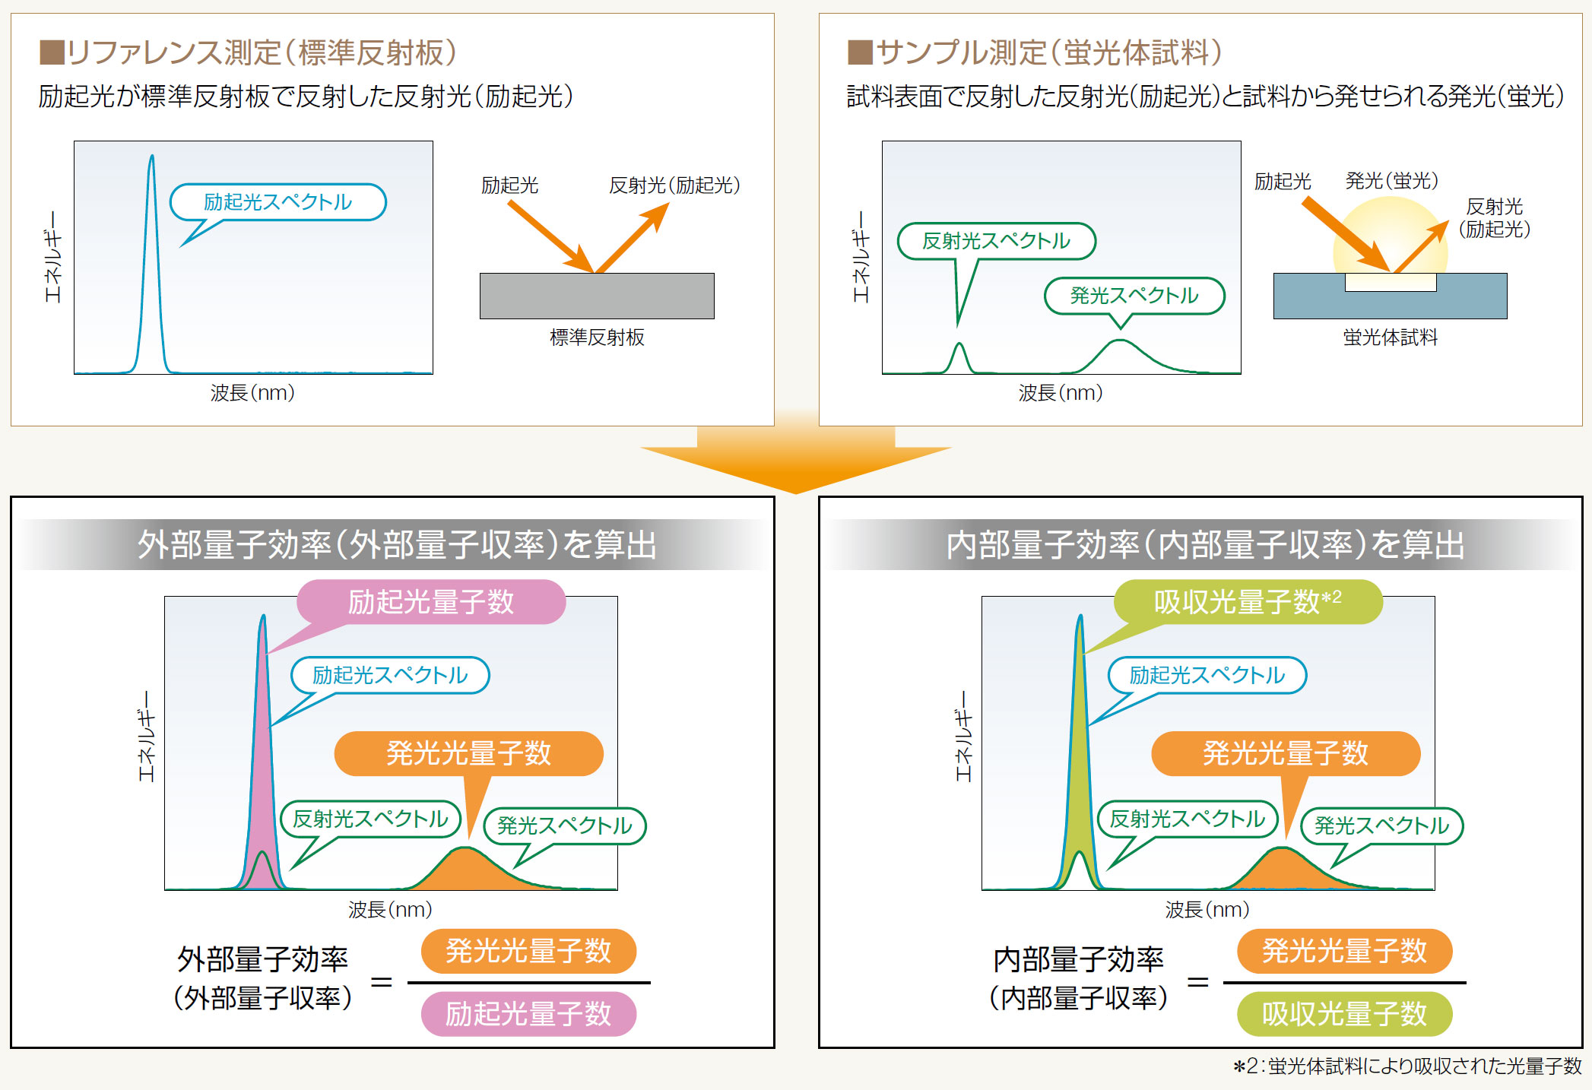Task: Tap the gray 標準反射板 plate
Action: (597, 296)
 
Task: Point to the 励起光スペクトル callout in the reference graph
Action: (278, 202)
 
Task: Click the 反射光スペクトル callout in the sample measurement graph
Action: (997, 241)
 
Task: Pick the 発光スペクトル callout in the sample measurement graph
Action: (1134, 295)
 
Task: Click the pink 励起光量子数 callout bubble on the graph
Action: (431, 602)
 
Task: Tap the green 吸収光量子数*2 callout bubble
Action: (1248, 602)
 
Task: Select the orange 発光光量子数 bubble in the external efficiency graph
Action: (469, 753)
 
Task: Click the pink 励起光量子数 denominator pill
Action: (528, 1014)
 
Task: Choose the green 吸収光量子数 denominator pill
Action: (1344, 1014)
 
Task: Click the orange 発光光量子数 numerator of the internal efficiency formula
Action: (1344, 951)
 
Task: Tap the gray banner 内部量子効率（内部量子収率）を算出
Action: (1204, 544)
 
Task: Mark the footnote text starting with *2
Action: (1406, 1066)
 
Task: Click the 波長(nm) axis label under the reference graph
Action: (252, 393)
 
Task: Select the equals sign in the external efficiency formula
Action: (381, 982)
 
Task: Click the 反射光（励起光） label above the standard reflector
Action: (674, 185)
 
